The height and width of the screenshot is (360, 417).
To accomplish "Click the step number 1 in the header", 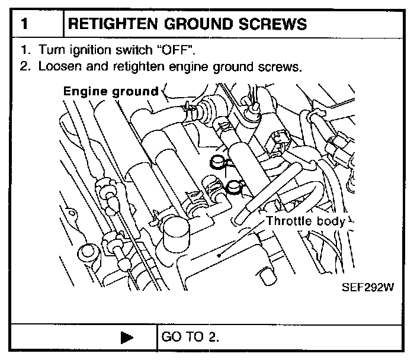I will [x=25, y=24].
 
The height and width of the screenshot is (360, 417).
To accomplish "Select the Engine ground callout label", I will [x=111, y=91].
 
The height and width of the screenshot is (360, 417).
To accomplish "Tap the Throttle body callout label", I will [x=306, y=221].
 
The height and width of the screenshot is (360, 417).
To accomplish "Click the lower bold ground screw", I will [x=234, y=188].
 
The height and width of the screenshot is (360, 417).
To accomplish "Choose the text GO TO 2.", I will [x=190, y=337].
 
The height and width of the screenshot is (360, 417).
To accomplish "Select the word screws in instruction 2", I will [x=279, y=66].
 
